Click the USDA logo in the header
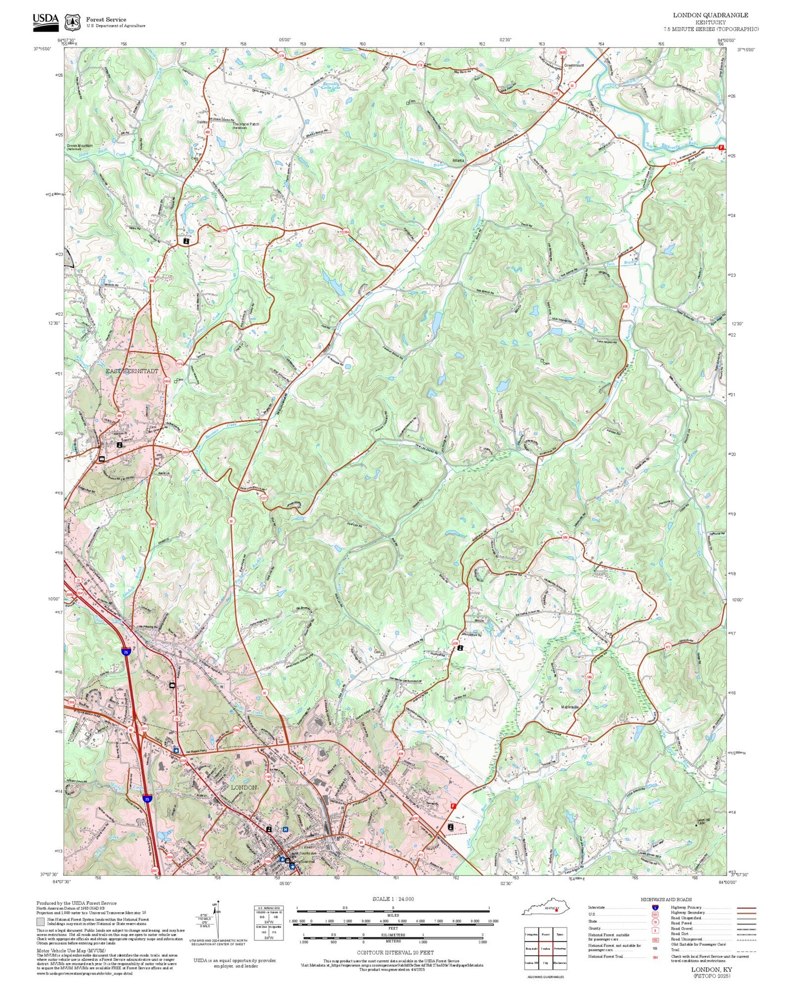[45, 21]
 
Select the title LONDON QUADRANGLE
[710, 15]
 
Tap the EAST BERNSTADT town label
[131, 371]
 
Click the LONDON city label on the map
[244, 787]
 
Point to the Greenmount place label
[574, 65]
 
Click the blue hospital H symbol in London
[285, 829]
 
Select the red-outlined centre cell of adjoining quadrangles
[545, 948]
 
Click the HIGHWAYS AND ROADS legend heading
[666, 899]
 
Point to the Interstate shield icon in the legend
[655, 908]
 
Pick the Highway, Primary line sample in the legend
[747, 908]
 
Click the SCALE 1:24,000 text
[392, 899]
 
